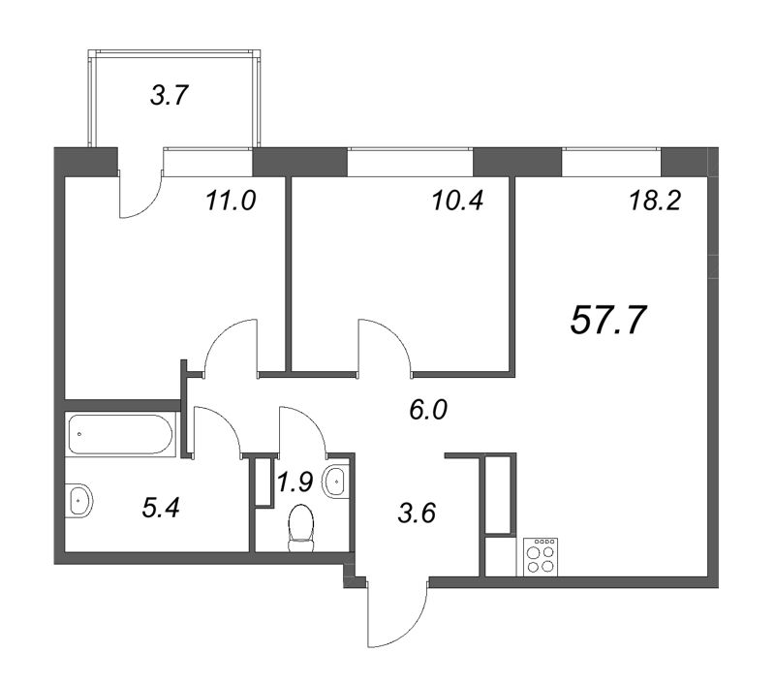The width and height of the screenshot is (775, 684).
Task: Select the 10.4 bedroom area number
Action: click(456, 202)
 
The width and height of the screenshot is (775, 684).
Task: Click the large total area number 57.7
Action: click(608, 320)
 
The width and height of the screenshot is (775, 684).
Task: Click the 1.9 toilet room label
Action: click(294, 482)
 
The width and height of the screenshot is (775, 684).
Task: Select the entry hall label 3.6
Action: click(417, 511)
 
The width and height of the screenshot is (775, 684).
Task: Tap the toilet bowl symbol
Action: click(302, 528)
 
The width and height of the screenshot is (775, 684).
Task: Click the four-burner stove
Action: click(541, 556)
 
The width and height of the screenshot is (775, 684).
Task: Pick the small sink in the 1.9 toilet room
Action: click(336, 480)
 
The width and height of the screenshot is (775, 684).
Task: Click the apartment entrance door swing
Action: click(397, 615)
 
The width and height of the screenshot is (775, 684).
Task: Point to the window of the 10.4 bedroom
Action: click(410, 161)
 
